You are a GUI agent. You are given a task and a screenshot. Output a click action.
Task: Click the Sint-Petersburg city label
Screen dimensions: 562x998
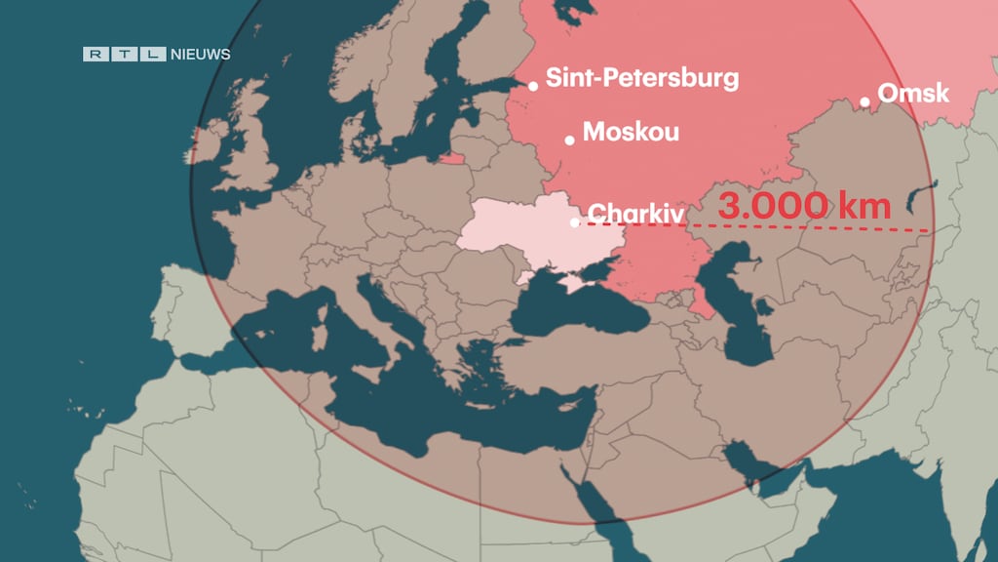click(x=641, y=78)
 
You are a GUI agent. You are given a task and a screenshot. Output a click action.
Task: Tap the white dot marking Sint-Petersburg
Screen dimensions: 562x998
click(x=533, y=86)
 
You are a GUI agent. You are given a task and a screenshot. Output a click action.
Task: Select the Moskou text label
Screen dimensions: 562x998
click(x=631, y=132)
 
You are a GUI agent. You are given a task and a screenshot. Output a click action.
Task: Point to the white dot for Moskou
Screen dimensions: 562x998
click(x=570, y=140)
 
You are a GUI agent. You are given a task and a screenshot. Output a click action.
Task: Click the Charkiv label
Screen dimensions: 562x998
click(x=636, y=214)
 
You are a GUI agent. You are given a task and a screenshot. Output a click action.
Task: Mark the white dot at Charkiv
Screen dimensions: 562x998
click(x=575, y=222)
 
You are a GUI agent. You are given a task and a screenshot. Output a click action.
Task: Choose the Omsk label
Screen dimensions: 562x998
click(x=913, y=94)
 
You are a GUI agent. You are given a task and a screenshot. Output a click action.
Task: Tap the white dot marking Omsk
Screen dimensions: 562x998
click(x=864, y=101)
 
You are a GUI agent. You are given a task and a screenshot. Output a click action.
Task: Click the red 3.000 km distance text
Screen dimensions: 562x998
click(x=804, y=207)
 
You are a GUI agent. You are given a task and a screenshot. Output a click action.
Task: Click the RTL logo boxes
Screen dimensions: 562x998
click(x=125, y=55)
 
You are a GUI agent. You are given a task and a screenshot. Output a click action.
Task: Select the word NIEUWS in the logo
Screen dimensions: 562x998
click(x=200, y=55)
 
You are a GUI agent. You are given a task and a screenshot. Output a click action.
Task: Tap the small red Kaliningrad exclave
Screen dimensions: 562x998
click(x=451, y=157)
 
